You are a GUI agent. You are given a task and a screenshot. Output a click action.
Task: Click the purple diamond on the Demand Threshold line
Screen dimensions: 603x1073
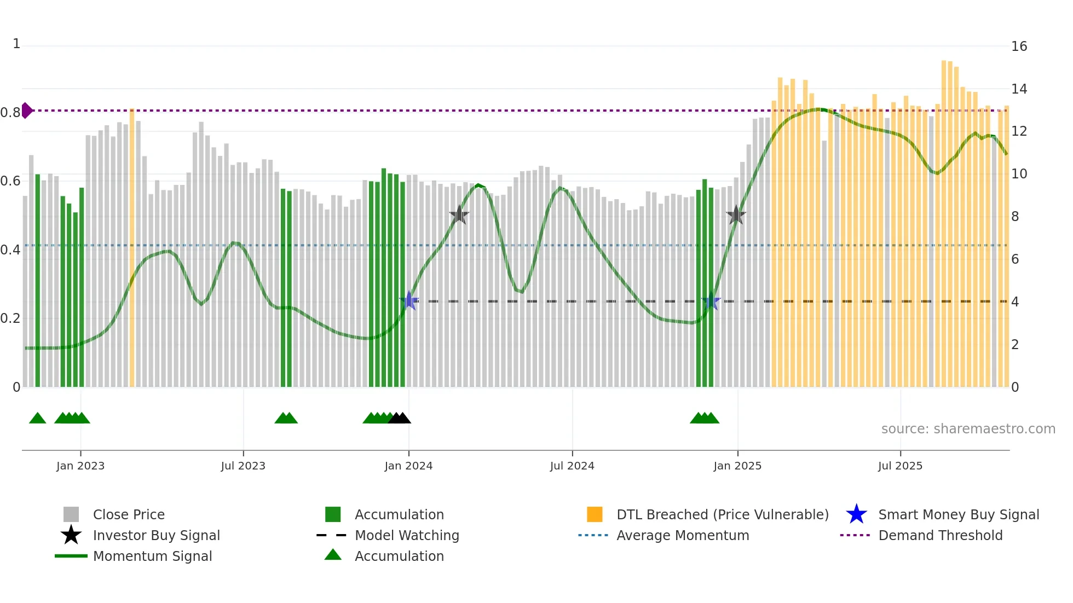pos(26,111)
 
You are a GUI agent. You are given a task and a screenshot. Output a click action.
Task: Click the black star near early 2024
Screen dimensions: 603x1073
pos(459,216)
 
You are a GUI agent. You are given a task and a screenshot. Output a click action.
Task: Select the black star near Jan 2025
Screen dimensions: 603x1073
pos(736,216)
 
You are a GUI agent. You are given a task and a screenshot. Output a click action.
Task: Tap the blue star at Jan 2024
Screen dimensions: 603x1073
pos(409,301)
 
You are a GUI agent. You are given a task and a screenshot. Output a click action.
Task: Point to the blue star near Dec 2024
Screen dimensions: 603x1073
pos(711,301)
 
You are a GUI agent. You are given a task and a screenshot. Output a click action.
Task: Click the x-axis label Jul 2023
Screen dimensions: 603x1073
pos(243,466)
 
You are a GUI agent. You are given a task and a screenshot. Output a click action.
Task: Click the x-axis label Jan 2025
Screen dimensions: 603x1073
pos(737,466)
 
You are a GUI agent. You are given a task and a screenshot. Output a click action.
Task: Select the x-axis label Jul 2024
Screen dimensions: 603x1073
pos(572,466)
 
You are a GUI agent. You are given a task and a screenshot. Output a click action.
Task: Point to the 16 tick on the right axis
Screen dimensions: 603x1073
pos(1019,47)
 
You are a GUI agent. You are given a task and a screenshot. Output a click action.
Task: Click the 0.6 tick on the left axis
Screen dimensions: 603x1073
pos(10,181)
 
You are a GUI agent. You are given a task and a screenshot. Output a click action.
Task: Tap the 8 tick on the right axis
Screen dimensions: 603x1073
pos(1015,217)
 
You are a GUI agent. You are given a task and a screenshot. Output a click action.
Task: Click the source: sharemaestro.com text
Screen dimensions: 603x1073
pos(968,429)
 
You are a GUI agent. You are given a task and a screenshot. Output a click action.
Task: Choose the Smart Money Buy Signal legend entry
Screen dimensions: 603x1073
pos(958,515)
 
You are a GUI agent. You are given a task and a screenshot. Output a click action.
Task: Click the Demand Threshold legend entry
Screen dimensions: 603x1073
pos(940,536)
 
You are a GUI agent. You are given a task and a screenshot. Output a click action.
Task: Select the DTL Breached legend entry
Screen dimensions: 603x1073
pos(722,515)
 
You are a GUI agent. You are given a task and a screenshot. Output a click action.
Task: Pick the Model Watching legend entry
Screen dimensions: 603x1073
pos(406,536)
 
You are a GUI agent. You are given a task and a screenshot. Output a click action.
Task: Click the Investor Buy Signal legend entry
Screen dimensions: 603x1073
pos(156,536)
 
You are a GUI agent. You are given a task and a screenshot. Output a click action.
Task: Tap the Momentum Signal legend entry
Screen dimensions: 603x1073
pos(152,556)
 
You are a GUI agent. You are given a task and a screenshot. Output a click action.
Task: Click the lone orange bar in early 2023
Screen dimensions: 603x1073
pos(132,246)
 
